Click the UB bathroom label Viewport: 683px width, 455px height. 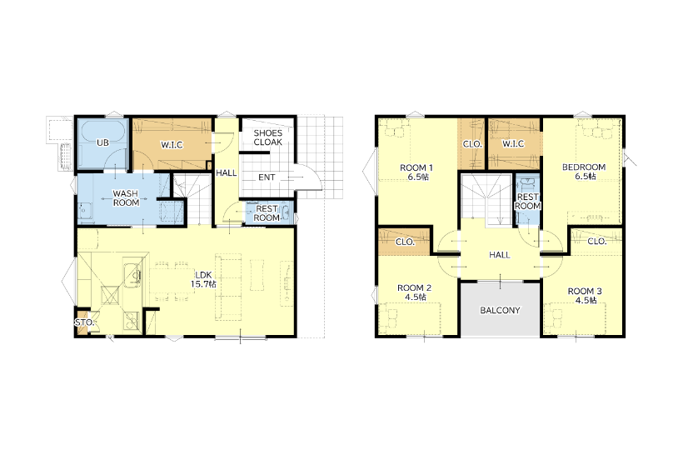pyautogui.click(x=102, y=142)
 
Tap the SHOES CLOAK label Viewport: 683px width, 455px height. pyautogui.click(x=268, y=137)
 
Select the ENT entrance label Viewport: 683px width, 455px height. pyautogui.click(x=267, y=177)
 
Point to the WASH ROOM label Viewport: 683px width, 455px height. pyautogui.click(x=126, y=197)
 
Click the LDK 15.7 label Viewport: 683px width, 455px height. pyautogui.click(x=203, y=279)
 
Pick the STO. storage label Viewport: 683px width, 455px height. pyautogui.click(x=84, y=322)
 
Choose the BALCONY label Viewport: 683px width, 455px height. pyautogui.click(x=500, y=310)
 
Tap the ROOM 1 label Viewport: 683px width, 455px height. pyautogui.click(x=416, y=172)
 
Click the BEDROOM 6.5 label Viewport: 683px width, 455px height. pyautogui.click(x=584, y=172)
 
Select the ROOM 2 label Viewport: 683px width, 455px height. pyautogui.click(x=414, y=292)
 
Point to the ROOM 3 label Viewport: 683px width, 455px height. pyautogui.click(x=585, y=296)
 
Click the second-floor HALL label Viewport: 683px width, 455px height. pyautogui.click(x=500, y=255)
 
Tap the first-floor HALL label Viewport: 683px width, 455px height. pyautogui.click(x=227, y=173)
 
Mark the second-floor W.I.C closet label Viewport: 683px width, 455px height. pyautogui.click(x=513, y=143)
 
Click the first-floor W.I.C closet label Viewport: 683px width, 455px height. pyautogui.click(x=172, y=145)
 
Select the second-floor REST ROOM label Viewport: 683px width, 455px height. pyautogui.click(x=528, y=202)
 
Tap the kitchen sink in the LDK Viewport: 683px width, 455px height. pyautogui.click(x=132, y=276)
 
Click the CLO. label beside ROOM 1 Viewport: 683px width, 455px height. pyautogui.click(x=472, y=144)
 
